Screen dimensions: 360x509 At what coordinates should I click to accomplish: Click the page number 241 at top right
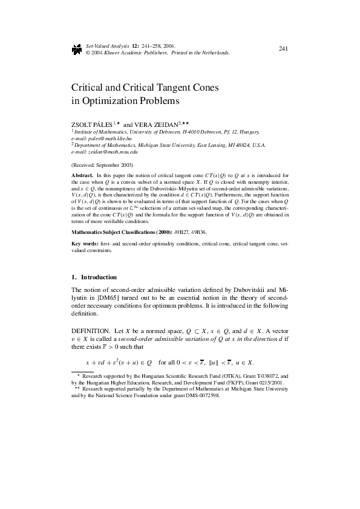[x=283, y=48]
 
